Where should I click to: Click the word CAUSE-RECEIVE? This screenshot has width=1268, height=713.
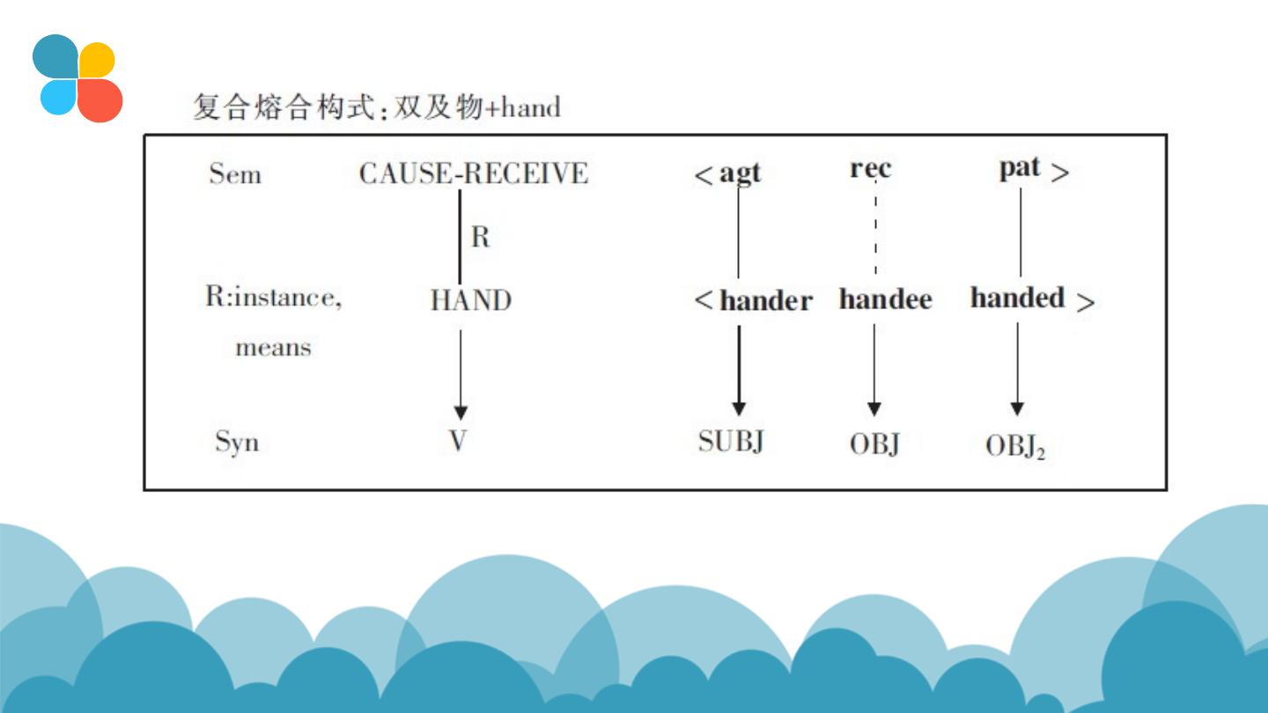(x=473, y=173)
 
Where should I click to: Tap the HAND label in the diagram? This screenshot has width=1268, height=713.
(x=470, y=301)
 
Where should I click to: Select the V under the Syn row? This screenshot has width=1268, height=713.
(x=458, y=440)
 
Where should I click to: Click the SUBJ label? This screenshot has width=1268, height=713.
(x=730, y=441)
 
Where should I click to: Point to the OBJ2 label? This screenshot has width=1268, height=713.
(x=1014, y=447)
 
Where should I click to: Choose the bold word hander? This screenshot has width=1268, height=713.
(x=765, y=301)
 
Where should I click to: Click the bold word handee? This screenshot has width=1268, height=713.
(x=885, y=299)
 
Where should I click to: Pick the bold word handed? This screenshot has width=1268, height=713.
(x=1018, y=298)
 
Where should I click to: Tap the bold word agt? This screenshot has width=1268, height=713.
(x=740, y=173)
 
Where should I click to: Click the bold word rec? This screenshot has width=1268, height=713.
(x=870, y=169)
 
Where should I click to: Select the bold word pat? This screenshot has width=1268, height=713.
(x=1020, y=168)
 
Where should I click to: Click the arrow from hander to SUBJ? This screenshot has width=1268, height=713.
(x=739, y=370)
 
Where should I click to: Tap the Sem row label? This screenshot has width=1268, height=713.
(x=235, y=174)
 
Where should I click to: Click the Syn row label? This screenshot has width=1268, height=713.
(x=237, y=441)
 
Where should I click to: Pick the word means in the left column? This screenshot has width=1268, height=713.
(x=273, y=348)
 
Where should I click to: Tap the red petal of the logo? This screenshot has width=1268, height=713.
(x=99, y=99)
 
